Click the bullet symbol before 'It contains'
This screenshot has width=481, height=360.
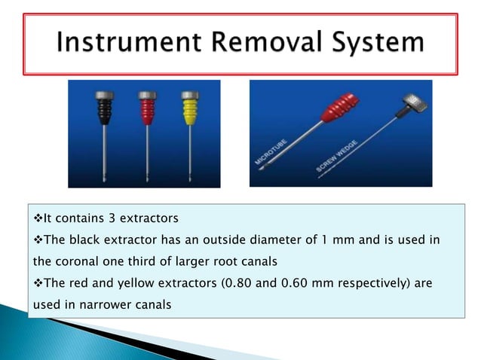click(37, 219)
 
